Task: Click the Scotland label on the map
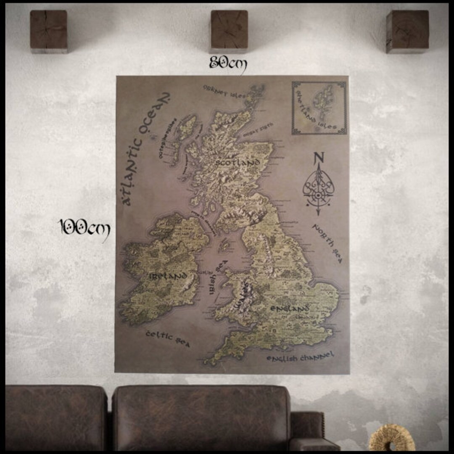point(238,162)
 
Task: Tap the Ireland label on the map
point(168,276)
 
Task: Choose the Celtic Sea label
point(168,339)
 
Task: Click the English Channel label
point(300,358)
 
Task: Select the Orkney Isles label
point(224,91)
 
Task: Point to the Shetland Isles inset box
point(319,108)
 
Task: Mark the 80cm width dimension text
point(228,64)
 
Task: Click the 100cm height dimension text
point(84,228)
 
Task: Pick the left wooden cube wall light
point(49,31)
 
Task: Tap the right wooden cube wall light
point(407,31)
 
